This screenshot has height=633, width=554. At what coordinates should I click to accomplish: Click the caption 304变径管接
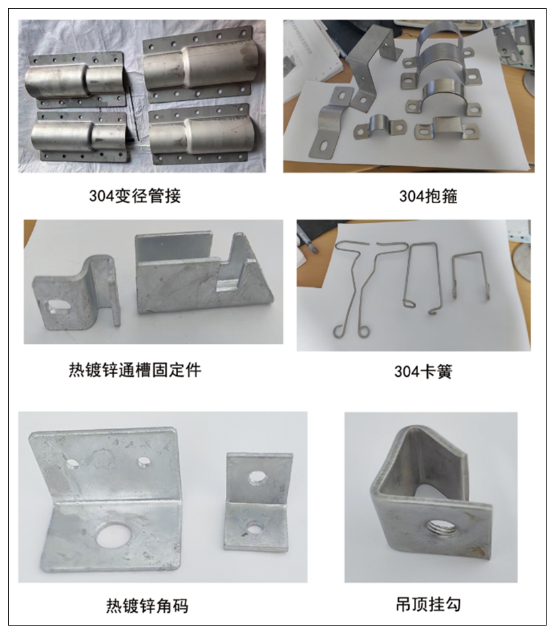pyautogui.click(x=134, y=196)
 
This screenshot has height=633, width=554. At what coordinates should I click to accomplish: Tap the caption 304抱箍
pyautogui.click(x=428, y=196)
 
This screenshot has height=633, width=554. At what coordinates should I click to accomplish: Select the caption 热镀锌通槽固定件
pyautogui.click(x=134, y=370)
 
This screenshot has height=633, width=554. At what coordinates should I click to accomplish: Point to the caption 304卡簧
pyautogui.click(x=424, y=371)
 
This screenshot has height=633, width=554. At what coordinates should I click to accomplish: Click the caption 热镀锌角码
pyautogui.click(x=147, y=605)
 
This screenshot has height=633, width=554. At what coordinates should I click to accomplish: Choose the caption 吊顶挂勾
pyautogui.click(x=428, y=604)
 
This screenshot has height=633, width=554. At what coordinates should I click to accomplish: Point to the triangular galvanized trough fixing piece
pyautogui.click(x=206, y=274)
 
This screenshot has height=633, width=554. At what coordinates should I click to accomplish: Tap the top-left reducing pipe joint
pyautogui.click(x=77, y=81)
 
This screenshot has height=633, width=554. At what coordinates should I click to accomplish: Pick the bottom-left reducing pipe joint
pyautogui.click(x=81, y=135)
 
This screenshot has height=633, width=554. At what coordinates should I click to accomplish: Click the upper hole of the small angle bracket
pyautogui.click(x=257, y=478)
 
